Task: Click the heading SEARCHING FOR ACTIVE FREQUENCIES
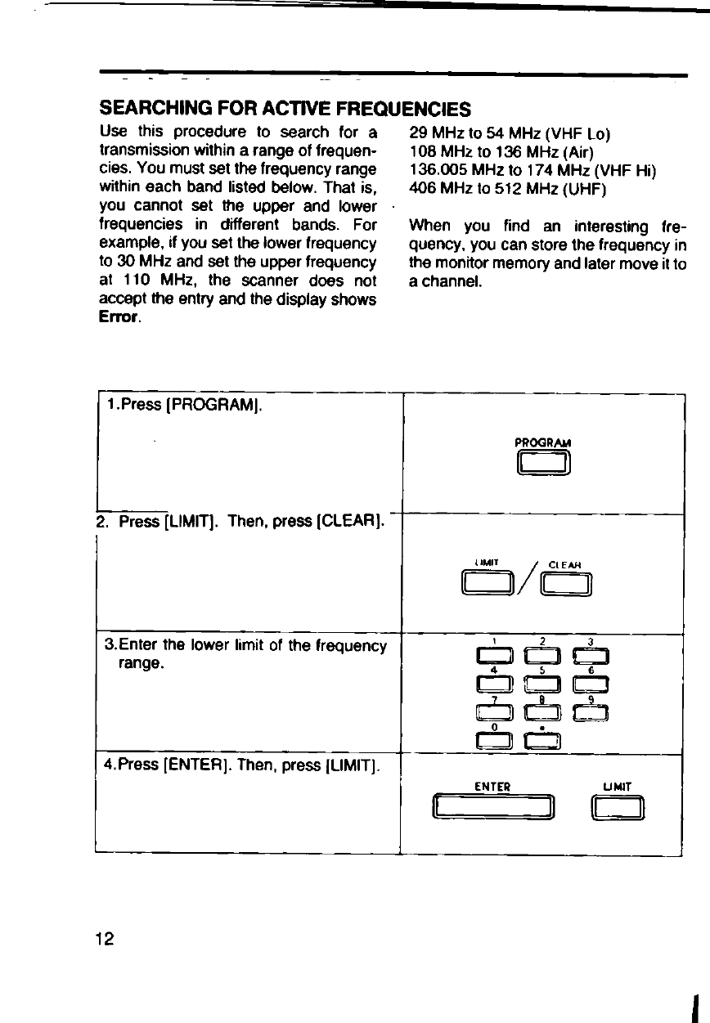[x=285, y=109]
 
